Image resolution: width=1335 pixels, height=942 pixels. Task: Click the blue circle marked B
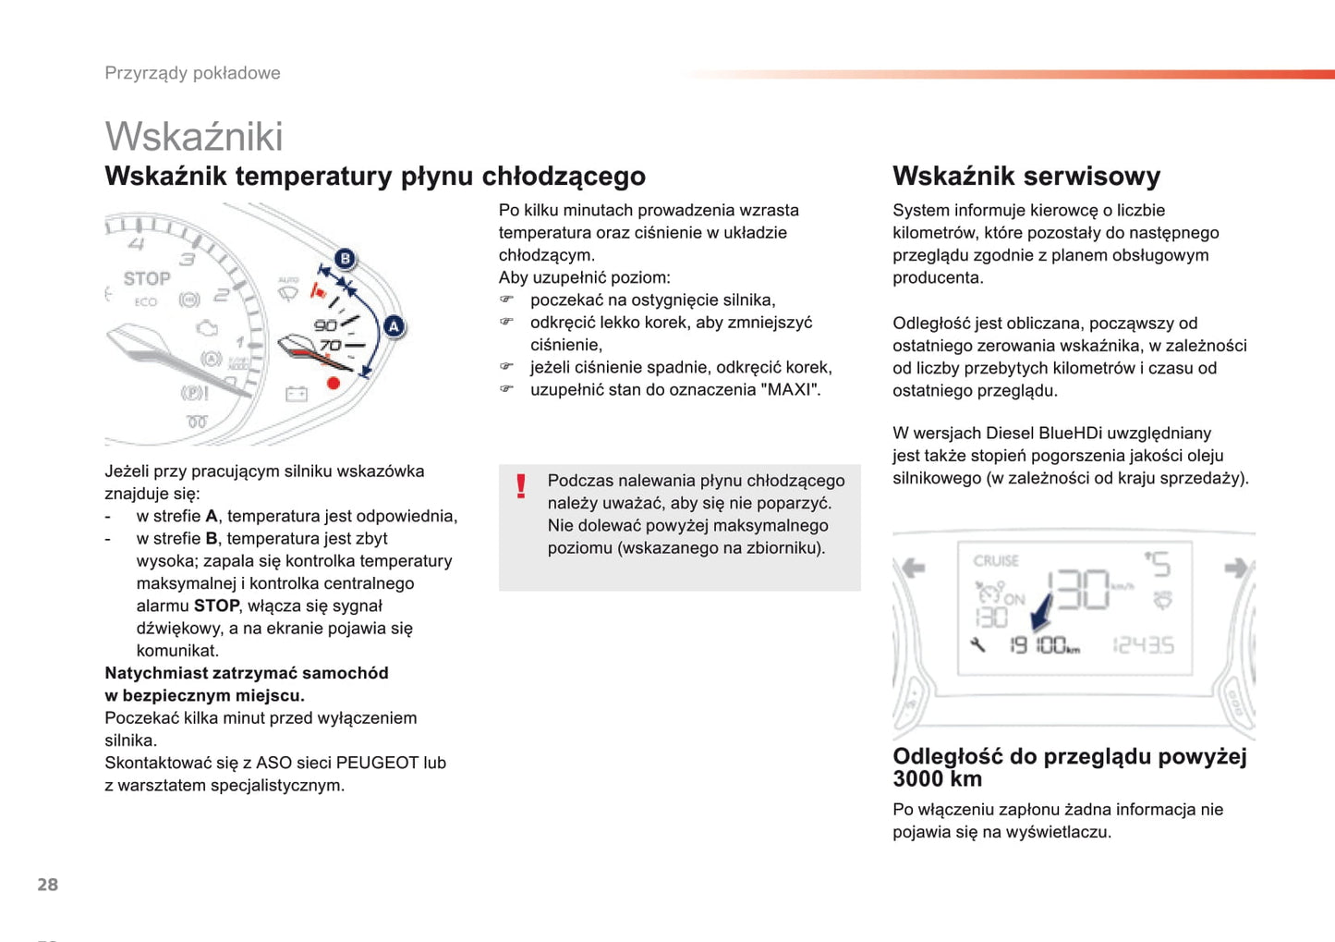345,259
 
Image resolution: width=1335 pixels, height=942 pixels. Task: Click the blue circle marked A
394,326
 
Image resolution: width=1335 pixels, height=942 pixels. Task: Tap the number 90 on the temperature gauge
325,325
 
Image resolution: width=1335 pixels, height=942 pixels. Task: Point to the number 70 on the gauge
330,346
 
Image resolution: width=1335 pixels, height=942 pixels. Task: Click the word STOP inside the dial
147,278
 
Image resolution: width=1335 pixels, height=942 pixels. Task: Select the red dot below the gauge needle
334,383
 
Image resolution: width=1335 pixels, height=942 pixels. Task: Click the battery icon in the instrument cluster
296,395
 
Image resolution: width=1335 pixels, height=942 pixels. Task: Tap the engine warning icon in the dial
208,328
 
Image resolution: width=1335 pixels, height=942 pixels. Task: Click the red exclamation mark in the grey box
521,486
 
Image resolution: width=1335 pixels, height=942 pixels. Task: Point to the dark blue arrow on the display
1041,610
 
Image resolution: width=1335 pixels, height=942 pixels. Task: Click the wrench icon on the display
977,645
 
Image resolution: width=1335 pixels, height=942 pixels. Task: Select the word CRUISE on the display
996,561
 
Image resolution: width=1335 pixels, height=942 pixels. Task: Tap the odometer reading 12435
1144,645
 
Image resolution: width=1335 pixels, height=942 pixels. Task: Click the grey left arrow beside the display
914,568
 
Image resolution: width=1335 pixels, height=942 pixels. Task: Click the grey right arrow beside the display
1234,568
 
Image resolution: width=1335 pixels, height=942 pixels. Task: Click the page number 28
47,885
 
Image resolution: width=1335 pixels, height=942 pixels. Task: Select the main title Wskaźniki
194,137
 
